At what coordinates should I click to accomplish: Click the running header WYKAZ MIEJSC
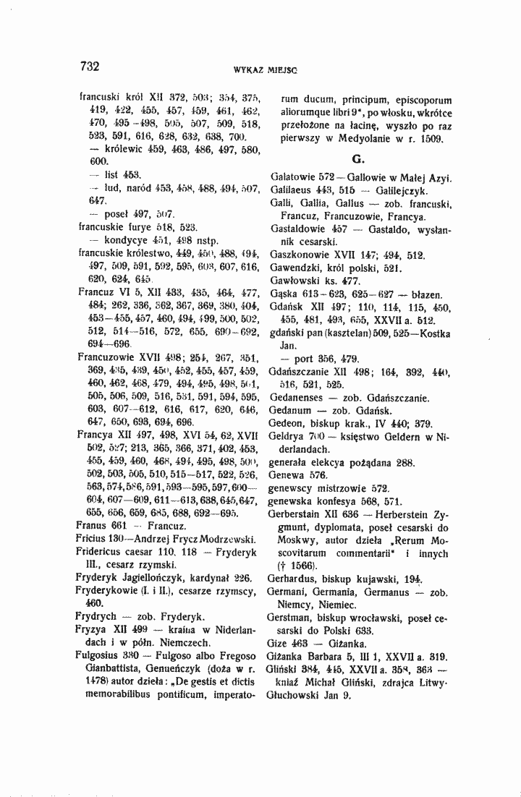(262, 70)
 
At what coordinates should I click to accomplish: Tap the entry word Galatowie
(292, 178)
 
